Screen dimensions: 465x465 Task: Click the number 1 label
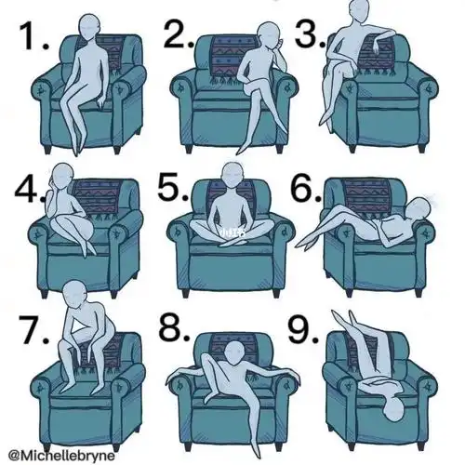click(34, 36)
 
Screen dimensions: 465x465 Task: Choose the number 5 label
click(173, 186)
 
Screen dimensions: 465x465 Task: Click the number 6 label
click(306, 187)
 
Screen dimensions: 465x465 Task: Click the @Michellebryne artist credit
click(61, 456)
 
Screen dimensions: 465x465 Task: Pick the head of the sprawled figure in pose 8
click(234, 353)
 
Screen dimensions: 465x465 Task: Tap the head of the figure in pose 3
click(359, 11)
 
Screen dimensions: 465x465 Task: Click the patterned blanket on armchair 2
click(233, 59)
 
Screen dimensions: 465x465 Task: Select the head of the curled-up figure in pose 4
click(62, 177)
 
